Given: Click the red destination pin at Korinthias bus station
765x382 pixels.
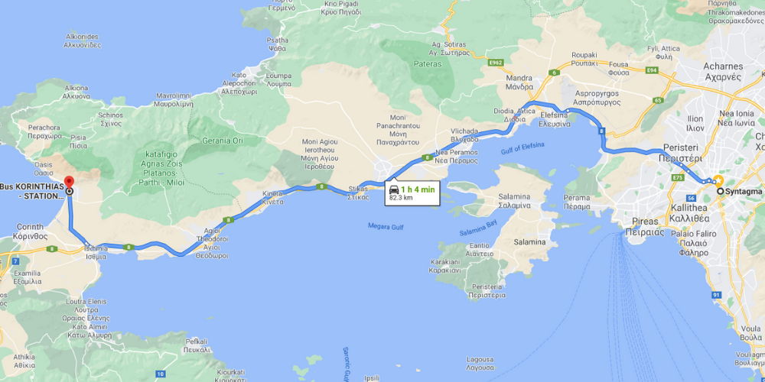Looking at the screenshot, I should [x=69, y=182].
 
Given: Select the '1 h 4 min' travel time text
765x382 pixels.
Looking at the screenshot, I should [x=419, y=189].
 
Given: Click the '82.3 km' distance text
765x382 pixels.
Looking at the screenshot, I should [x=401, y=197].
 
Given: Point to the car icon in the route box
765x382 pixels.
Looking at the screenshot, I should [x=394, y=189].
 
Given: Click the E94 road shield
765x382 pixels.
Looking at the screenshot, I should [x=652, y=70].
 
